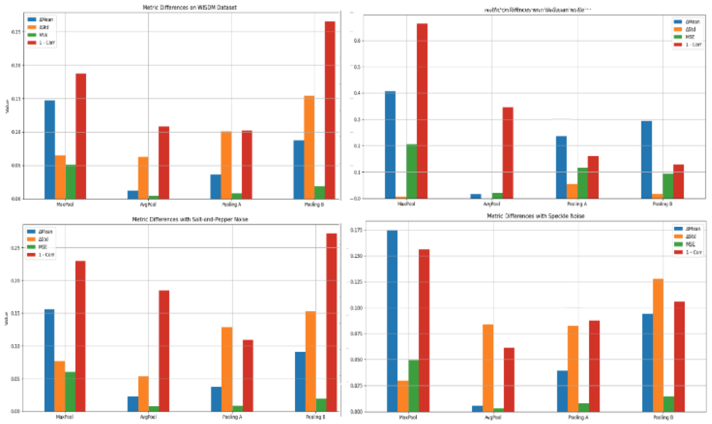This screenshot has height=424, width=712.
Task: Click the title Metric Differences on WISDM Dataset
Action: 189,7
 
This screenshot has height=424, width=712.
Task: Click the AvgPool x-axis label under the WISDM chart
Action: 148,205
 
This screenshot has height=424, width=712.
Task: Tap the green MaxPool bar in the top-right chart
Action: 411,171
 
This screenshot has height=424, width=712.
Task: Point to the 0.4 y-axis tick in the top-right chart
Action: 357,93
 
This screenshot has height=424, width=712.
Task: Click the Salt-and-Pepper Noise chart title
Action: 190,219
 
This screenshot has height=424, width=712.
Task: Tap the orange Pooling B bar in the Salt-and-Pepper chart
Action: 310,361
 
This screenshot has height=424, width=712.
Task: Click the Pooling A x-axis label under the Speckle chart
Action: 578,417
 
